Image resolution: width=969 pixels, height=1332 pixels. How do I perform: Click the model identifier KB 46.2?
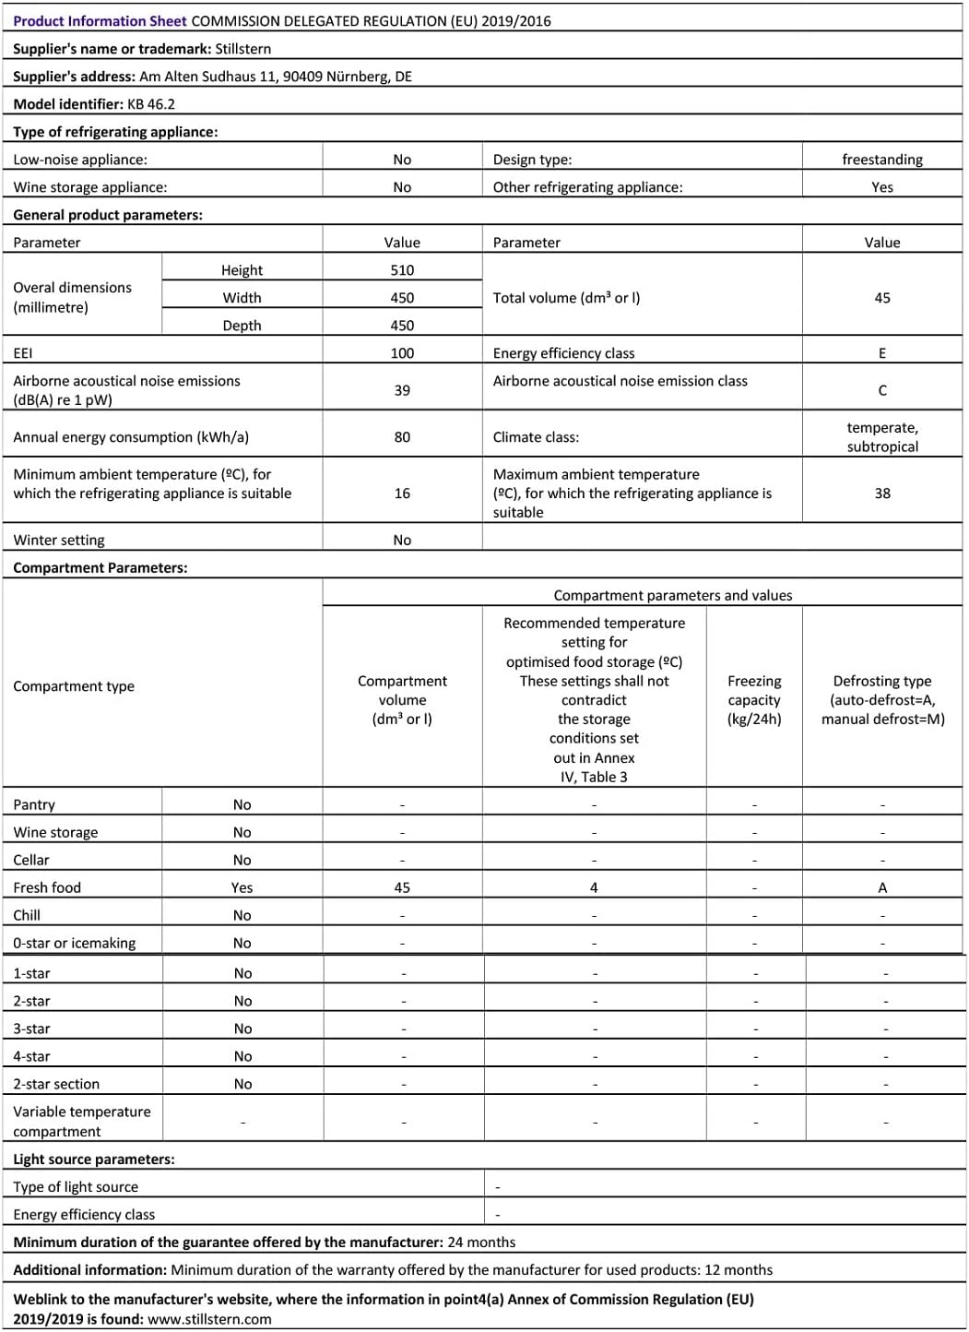[150, 104]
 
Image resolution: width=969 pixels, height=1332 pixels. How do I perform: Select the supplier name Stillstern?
[242, 49]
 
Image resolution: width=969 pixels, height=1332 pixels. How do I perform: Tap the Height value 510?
[402, 270]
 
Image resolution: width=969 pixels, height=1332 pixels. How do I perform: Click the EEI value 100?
[402, 353]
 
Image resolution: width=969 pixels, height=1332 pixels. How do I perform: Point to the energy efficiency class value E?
[881, 353]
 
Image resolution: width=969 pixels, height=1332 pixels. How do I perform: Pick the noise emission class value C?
[881, 390]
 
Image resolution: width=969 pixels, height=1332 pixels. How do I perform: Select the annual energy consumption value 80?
[402, 437]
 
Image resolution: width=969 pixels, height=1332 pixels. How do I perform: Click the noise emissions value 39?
[402, 390]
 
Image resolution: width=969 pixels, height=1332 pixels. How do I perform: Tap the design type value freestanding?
[881, 160]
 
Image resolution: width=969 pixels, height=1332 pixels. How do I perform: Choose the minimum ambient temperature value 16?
[402, 494]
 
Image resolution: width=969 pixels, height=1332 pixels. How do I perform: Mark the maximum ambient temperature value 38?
[881, 494]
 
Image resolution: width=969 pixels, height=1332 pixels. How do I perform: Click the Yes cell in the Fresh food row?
[242, 887]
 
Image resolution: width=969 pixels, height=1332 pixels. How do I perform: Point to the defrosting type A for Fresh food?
[881, 887]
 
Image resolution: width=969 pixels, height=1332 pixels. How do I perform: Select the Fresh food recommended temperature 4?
[594, 887]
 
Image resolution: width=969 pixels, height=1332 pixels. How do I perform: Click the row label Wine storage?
[55, 832]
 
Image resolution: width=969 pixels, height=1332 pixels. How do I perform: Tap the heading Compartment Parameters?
[100, 568]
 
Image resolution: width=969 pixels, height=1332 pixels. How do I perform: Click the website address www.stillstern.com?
[209, 1319]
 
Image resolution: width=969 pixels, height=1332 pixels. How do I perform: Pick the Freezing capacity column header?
[753, 700]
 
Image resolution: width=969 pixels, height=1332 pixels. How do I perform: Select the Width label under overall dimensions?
[242, 298]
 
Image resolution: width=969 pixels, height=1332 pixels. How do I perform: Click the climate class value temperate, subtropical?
[881, 437]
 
